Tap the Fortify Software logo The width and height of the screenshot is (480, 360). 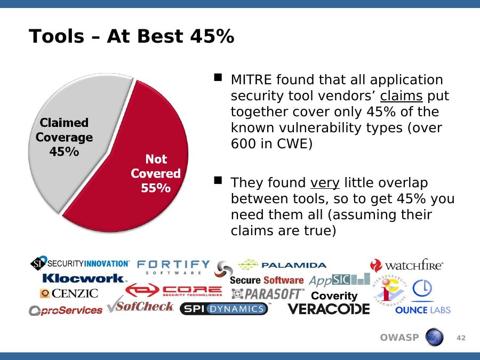[x=173, y=267]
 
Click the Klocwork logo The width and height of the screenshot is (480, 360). [x=83, y=278]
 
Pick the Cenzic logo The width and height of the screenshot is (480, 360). [x=69, y=293]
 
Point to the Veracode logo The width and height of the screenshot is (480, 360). [x=329, y=309]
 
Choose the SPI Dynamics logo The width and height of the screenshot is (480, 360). [x=224, y=309]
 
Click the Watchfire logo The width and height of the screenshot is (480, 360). [x=406, y=266]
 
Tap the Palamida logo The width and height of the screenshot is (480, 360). [x=282, y=265]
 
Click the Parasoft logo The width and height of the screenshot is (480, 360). [x=268, y=294]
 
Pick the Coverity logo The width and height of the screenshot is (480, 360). [x=334, y=295]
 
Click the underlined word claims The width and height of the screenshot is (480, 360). [x=401, y=96]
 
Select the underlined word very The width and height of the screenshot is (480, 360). [x=325, y=183]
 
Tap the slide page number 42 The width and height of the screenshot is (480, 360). [x=461, y=338]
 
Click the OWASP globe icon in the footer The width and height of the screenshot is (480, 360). [x=434, y=337]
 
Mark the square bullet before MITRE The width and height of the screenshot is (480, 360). [x=218, y=77]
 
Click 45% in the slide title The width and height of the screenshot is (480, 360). [x=212, y=36]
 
